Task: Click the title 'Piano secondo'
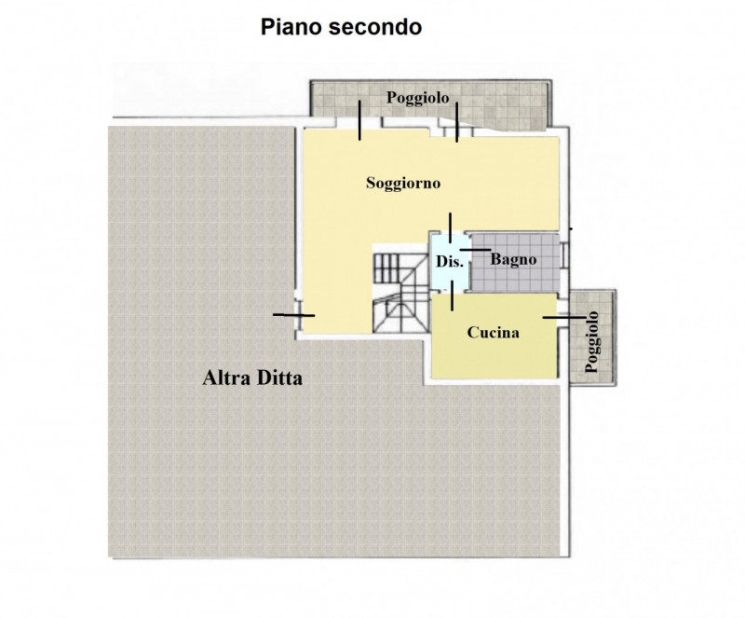point(340,28)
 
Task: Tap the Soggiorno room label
point(402,183)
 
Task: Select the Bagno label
point(513,259)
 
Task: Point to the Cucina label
point(493,332)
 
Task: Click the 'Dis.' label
point(450,262)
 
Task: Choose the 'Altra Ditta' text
point(254,379)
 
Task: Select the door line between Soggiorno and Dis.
point(450,229)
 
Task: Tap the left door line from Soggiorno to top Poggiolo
point(359,121)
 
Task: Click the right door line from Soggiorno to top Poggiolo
point(457,123)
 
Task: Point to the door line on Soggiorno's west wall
point(293,316)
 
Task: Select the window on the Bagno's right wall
point(566,253)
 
